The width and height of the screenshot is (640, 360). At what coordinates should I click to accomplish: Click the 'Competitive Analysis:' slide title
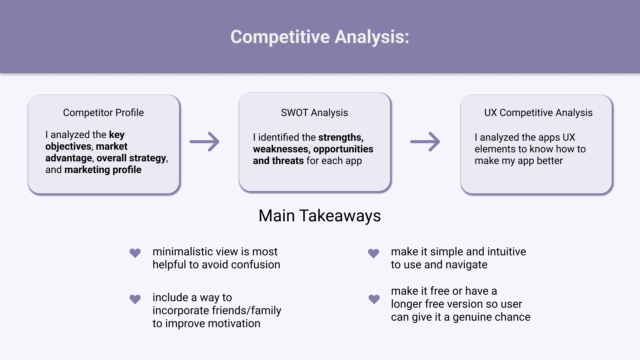pos(320,37)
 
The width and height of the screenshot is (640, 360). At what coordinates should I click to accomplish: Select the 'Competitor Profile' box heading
pos(103,113)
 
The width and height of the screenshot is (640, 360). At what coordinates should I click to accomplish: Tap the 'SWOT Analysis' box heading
pos(314,113)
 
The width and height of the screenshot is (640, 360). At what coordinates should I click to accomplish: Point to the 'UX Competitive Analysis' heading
pos(538,113)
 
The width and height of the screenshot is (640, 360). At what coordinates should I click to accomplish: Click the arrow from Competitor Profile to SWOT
pos(204,142)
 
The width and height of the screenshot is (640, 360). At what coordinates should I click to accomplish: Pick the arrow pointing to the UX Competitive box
pos(425,142)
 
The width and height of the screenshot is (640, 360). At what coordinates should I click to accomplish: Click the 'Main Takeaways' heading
pos(320,216)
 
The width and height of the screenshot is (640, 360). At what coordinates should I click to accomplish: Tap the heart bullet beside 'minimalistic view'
pos(135,253)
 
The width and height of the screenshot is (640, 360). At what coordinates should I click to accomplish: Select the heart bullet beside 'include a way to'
pos(135,299)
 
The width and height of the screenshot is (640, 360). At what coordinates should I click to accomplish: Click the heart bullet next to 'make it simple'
pos(373,253)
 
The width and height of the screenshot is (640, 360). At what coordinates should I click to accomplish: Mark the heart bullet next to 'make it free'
pos(374,299)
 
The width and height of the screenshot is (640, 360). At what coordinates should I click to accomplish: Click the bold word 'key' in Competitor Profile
pos(117,135)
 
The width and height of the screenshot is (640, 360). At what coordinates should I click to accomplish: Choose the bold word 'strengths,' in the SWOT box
pos(341,137)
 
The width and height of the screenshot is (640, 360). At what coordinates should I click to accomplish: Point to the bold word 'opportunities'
pos(343,149)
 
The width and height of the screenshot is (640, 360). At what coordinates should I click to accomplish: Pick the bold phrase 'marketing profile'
pos(103,170)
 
